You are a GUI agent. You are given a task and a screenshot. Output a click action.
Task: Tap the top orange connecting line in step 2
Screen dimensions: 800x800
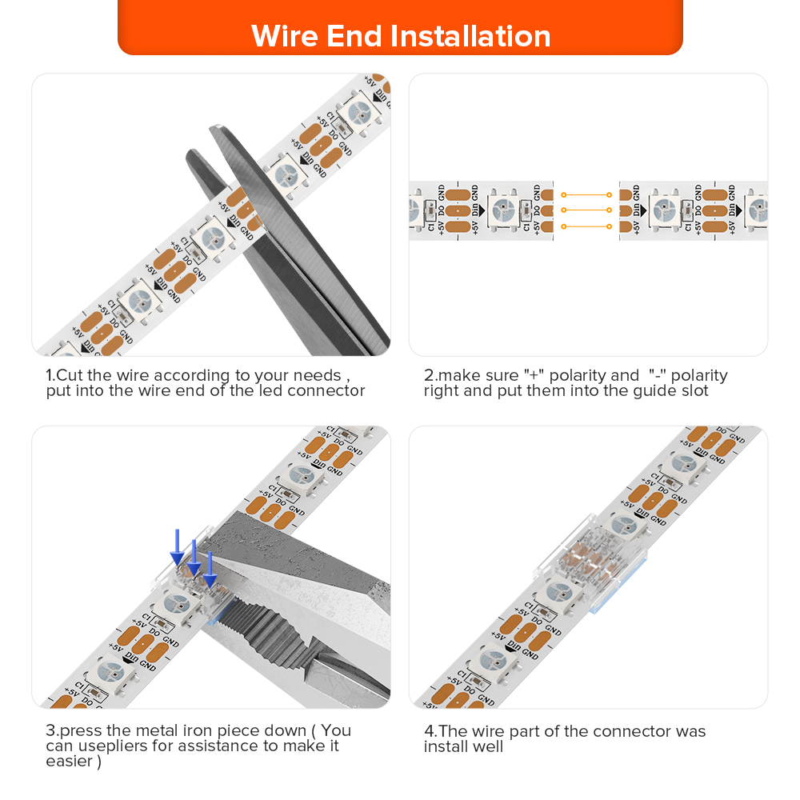[x=586, y=195]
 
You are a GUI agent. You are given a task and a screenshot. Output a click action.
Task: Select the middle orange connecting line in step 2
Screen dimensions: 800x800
[x=586, y=210]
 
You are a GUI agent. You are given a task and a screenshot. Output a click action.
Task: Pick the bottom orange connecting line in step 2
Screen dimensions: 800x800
[x=586, y=226]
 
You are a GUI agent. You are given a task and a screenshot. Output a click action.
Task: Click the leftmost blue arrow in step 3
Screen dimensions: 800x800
[x=177, y=547]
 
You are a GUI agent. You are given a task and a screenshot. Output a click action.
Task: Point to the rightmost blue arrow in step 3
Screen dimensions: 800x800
[x=210, y=570]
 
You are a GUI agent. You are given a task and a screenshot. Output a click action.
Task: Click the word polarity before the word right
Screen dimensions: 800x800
[x=699, y=375]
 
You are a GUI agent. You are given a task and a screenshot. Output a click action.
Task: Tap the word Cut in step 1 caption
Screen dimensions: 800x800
[x=70, y=375]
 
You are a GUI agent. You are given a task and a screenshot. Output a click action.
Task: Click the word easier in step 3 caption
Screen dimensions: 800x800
[x=70, y=762]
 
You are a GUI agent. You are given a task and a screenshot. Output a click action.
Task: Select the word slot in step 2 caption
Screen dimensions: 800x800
[x=694, y=391]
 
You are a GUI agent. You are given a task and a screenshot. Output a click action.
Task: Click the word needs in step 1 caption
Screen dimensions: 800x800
[x=318, y=375]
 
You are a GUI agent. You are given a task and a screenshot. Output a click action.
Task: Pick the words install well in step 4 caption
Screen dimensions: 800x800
[x=463, y=747]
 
